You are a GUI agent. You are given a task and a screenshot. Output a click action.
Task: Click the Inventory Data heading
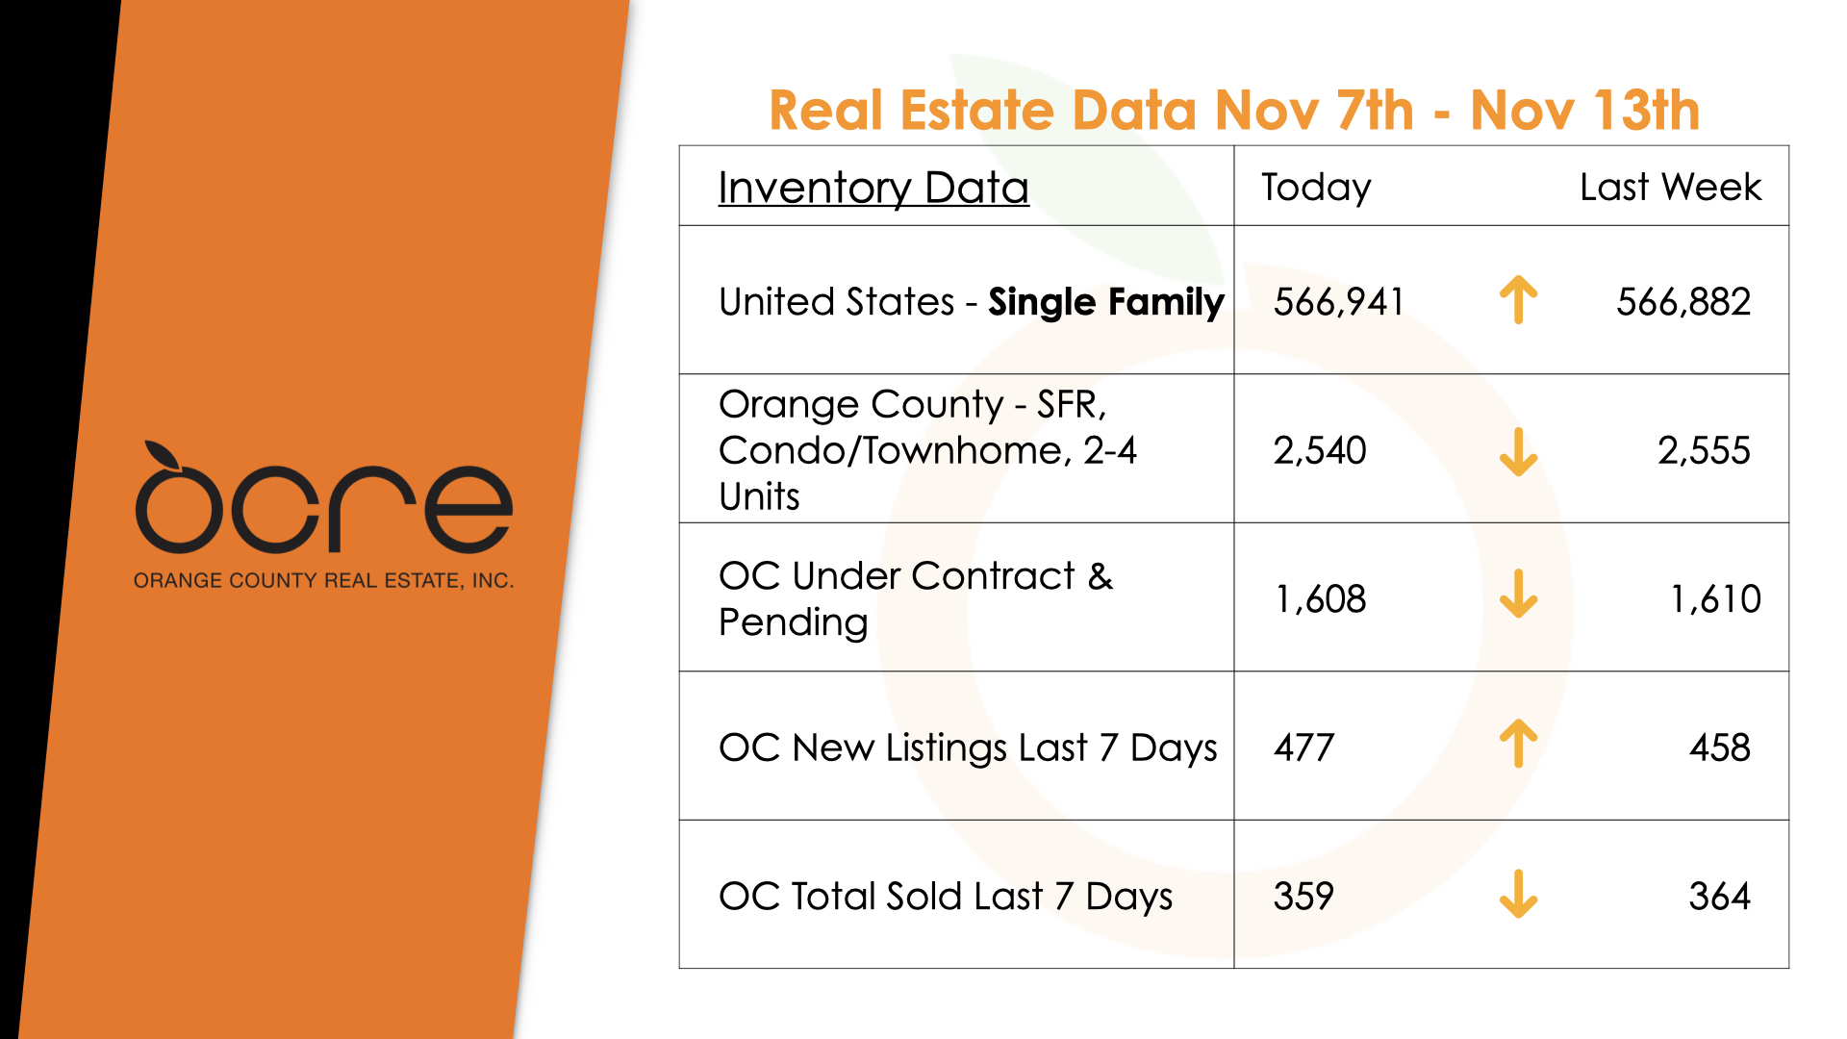tap(873, 188)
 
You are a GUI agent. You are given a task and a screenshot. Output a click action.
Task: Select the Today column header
tap(1316, 188)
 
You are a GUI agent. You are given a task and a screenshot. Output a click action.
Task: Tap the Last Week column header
tap(1670, 187)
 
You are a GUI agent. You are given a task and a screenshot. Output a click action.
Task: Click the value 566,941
tap(1338, 302)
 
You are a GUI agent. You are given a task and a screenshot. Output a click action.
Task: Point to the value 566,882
tap(1683, 302)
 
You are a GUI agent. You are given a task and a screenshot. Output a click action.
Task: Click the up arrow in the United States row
tap(1518, 300)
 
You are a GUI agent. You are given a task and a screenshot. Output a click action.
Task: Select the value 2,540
tap(1320, 450)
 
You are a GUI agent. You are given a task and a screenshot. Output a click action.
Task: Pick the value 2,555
tap(1703, 450)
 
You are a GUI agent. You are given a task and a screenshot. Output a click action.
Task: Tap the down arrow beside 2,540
tap(1518, 451)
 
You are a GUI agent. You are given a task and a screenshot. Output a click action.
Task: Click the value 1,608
tap(1320, 599)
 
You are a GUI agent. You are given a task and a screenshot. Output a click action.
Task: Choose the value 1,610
tap(1714, 599)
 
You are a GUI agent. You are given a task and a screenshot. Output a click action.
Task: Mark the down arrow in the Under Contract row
tap(1518, 594)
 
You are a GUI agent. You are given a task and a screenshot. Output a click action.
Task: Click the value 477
tap(1303, 748)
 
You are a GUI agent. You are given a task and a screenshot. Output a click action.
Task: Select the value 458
tap(1719, 748)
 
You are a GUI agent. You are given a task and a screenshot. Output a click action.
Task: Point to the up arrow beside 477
tap(1518, 744)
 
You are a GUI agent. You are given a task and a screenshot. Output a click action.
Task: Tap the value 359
tap(1303, 897)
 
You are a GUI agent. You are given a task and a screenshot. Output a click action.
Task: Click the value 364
tap(1719, 897)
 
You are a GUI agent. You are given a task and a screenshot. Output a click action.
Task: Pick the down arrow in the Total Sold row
tap(1518, 894)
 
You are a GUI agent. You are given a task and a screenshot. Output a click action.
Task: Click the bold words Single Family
tap(1106, 302)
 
